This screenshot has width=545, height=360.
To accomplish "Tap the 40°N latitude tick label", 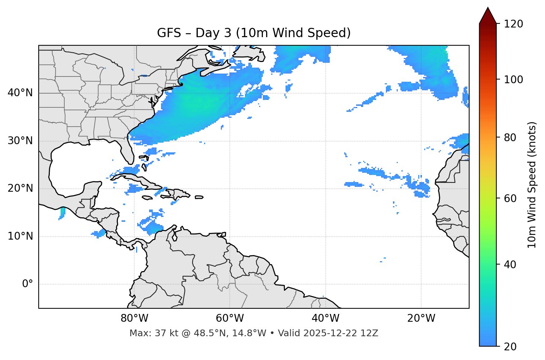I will [20, 93].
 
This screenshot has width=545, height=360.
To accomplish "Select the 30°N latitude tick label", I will [20, 141].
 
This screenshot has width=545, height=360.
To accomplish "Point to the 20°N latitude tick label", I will [20, 188].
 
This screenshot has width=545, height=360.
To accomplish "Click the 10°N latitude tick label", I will [20, 236].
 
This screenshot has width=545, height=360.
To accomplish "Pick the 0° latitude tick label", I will [28, 284].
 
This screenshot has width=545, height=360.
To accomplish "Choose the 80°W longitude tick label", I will [134, 318].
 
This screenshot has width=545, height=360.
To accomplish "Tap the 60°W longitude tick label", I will [230, 318].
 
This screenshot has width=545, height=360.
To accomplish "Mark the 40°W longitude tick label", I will [325, 318].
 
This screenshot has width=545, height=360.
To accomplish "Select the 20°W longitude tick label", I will [421, 318].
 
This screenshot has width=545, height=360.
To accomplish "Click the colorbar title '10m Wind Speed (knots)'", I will [532, 185].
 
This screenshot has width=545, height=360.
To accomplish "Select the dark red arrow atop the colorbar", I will [488, 16].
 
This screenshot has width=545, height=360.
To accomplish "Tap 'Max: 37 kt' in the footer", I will [146, 333].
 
